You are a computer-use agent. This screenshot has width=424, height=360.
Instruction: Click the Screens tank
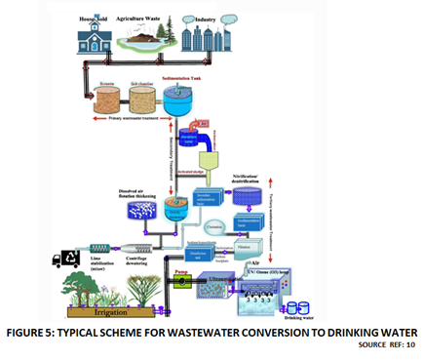click(x=110, y=99)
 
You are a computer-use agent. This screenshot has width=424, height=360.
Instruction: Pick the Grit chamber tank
click(x=143, y=99)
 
